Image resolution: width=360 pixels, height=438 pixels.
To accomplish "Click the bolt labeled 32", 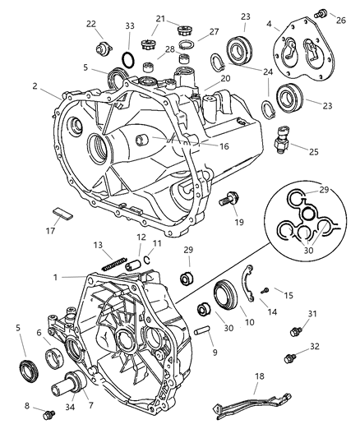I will pos(289,358).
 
